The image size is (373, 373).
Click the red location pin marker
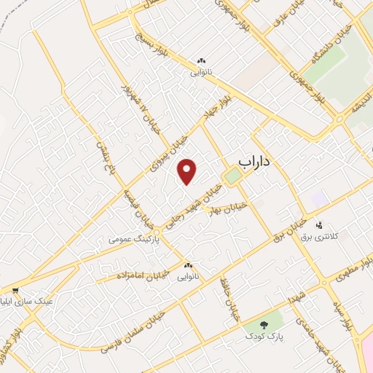tap(188, 171)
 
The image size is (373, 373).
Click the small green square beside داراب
tap(232, 177)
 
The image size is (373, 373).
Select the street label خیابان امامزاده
tap(143, 275)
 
